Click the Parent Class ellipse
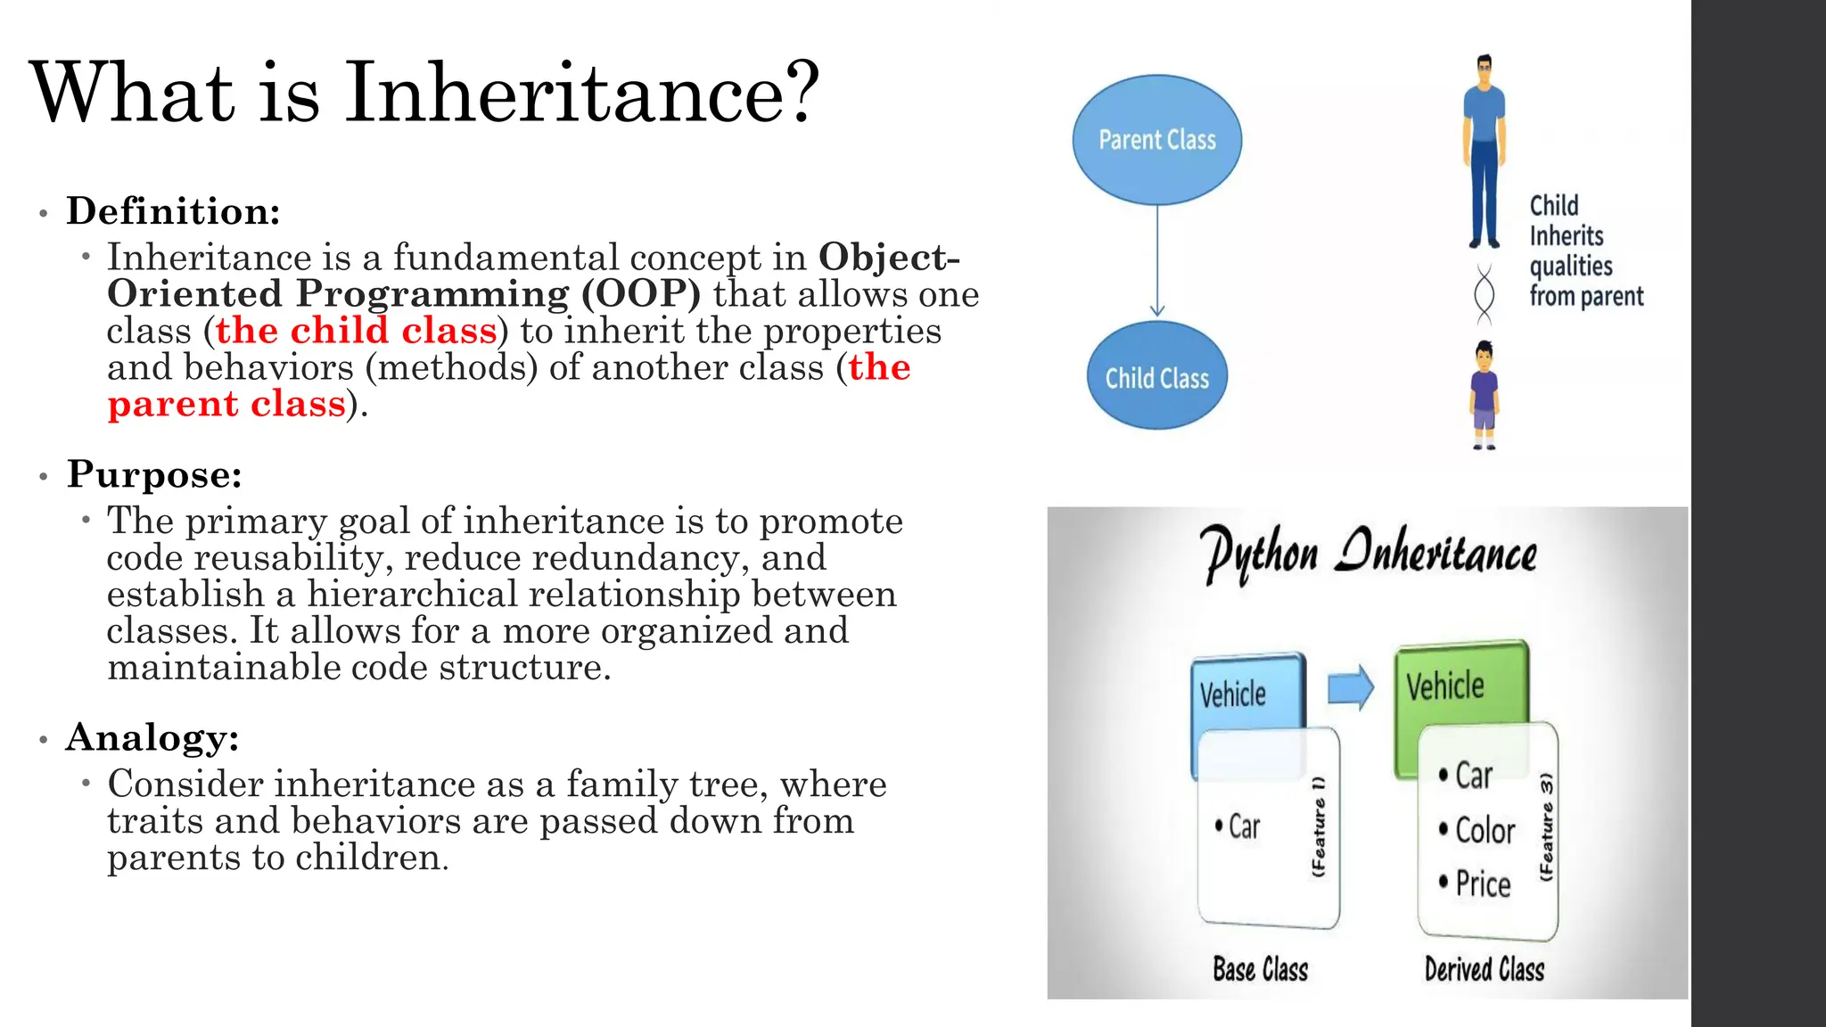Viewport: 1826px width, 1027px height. click(1156, 140)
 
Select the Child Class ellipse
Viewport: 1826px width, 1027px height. click(1156, 376)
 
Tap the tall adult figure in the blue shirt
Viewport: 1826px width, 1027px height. click(1484, 152)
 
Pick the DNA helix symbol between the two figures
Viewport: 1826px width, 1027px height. click(1484, 294)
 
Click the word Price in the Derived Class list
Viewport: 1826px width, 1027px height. click(1483, 883)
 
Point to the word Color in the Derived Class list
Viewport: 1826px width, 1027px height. click(1485, 830)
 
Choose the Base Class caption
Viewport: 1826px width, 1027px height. click(1260, 969)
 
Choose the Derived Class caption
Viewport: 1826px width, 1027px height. click(1484, 969)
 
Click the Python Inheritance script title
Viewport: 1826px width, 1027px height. click(1368, 553)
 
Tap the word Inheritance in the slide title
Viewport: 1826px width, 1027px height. click(581, 93)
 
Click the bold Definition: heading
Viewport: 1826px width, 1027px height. click(174, 211)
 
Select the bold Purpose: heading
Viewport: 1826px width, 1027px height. click(154, 474)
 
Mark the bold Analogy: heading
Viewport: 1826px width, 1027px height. click(152, 737)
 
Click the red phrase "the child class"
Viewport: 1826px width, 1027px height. click(356, 331)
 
